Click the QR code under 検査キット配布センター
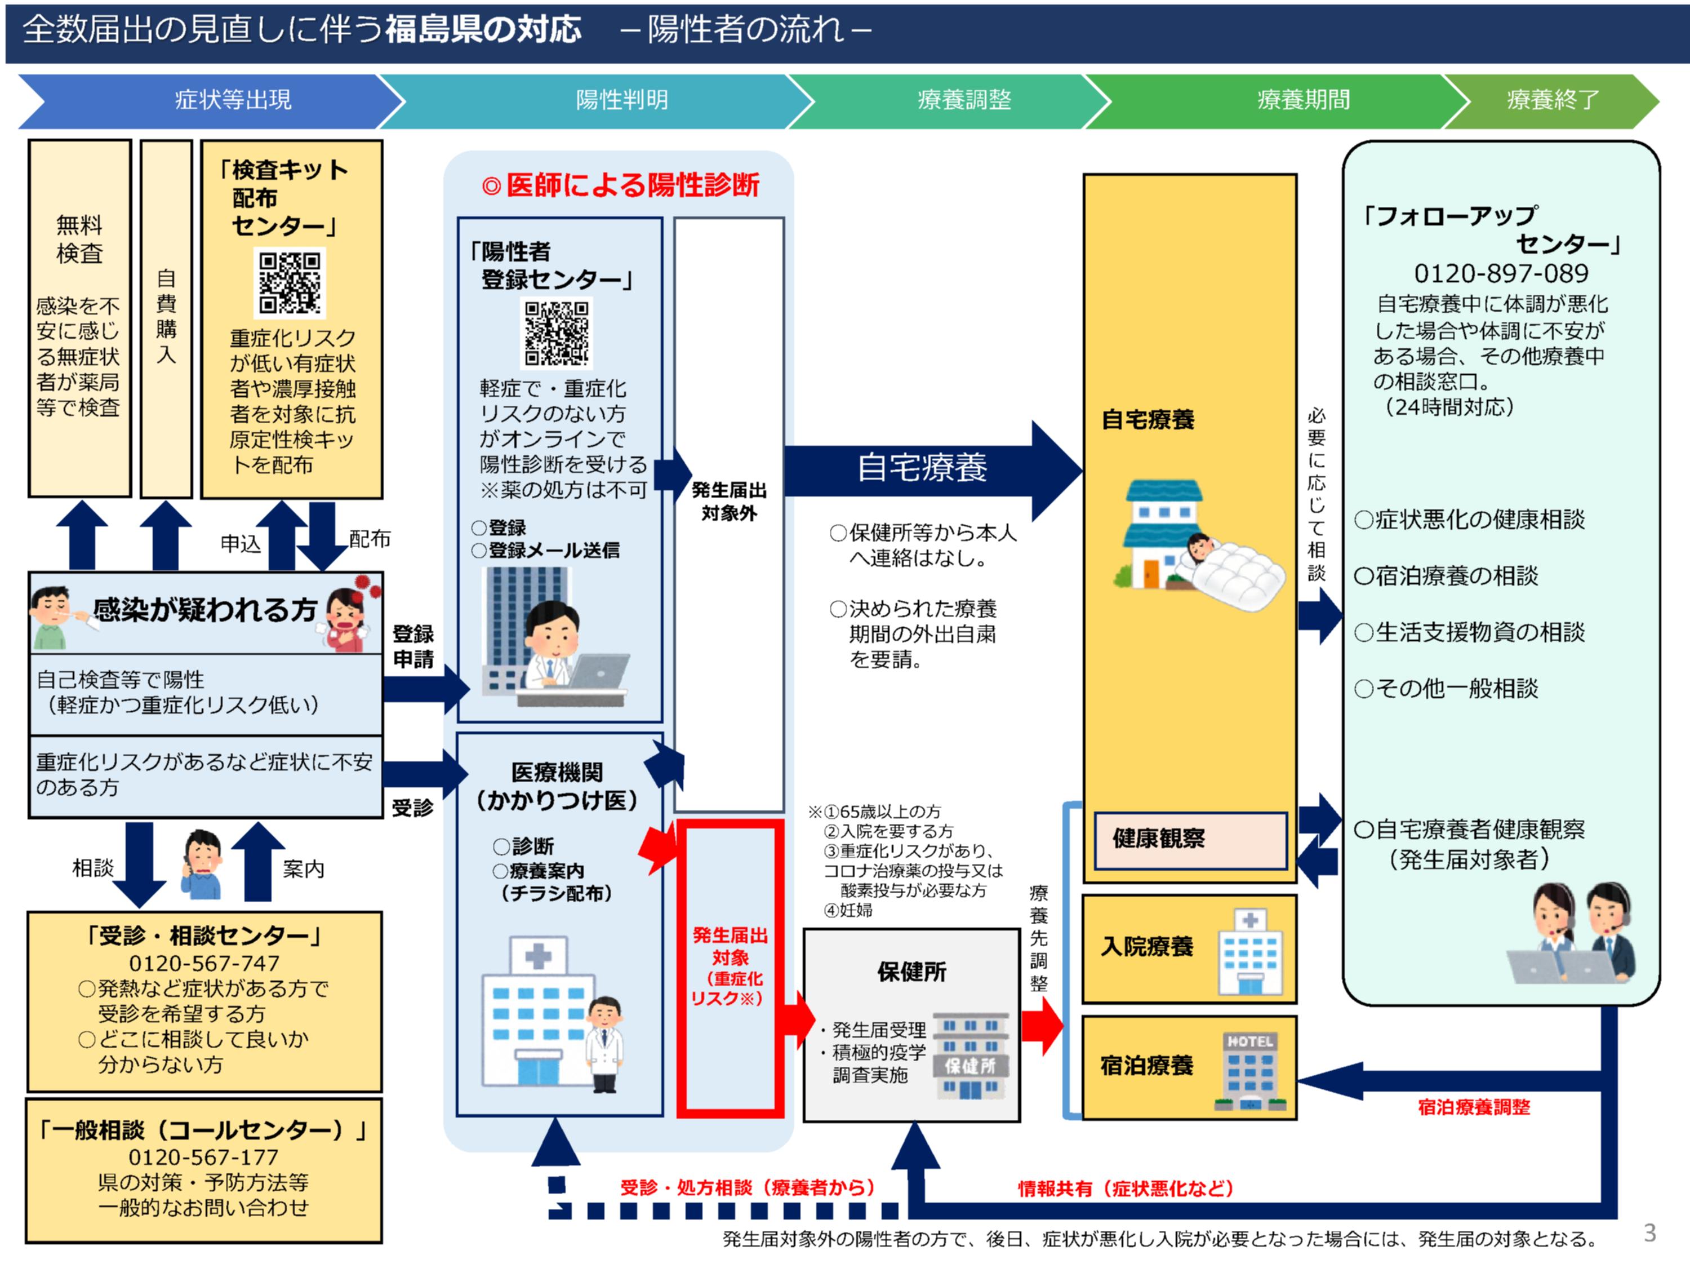(x=290, y=283)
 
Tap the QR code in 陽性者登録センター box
(x=557, y=333)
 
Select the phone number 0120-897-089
(x=1501, y=273)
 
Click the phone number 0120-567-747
(x=204, y=963)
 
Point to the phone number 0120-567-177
(x=203, y=1157)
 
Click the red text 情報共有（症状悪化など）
(x=1126, y=1188)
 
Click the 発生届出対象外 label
(x=729, y=502)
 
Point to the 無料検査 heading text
(x=79, y=240)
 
